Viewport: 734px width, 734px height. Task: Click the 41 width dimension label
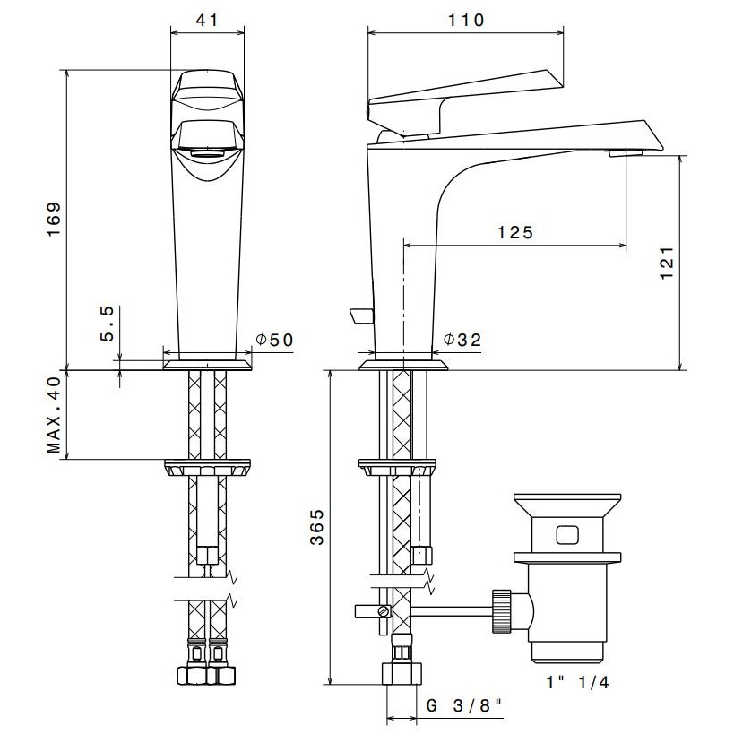pos(207,20)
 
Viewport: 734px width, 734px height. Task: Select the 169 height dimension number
pos(54,219)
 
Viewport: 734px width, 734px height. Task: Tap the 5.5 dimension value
pos(108,324)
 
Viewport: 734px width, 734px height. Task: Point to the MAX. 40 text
pos(54,415)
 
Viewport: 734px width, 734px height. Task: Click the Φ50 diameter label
pos(275,340)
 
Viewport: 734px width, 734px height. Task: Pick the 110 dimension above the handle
pos(466,20)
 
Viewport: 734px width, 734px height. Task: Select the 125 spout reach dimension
pos(515,232)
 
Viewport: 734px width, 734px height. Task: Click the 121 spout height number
pos(667,263)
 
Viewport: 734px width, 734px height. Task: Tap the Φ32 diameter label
pos(462,340)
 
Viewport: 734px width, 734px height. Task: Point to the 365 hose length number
pos(317,527)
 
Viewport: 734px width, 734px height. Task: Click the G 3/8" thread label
pos(463,705)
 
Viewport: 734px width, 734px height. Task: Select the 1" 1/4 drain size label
pos(578,682)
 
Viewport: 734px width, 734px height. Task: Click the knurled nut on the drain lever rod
pos(501,611)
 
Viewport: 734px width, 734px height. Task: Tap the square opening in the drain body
pos(567,534)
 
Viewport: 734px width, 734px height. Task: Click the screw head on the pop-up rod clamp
pos(384,611)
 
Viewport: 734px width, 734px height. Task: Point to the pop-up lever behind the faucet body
pos(361,316)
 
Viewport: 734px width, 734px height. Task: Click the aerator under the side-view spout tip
pos(626,152)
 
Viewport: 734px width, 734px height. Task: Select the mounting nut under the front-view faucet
pos(207,468)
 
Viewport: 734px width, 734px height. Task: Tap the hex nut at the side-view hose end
pos(402,674)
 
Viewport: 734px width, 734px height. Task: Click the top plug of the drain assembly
pos(567,505)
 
